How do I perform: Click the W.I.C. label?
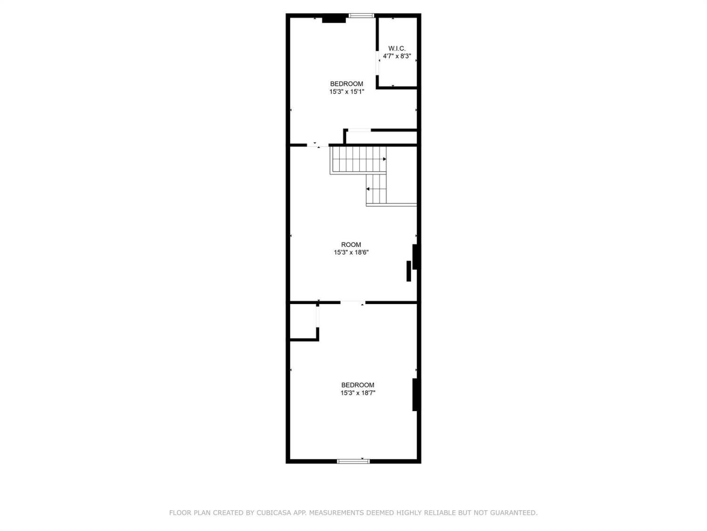pyautogui.click(x=397, y=48)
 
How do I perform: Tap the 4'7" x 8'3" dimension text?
pyautogui.click(x=397, y=56)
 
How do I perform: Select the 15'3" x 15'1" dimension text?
pyautogui.click(x=346, y=92)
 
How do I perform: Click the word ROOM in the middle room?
pyautogui.click(x=351, y=244)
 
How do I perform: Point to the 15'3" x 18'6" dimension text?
pyautogui.click(x=351, y=253)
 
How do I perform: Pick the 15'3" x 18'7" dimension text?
pyautogui.click(x=358, y=393)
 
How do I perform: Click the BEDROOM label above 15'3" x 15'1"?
pyautogui.click(x=346, y=84)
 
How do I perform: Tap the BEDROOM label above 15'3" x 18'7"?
pyautogui.click(x=358, y=385)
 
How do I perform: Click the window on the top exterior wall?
pyautogui.click(x=362, y=16)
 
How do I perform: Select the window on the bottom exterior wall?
pyautogui.click(x=353, y=461)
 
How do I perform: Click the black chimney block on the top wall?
pyautogui.click(x=334, y=19)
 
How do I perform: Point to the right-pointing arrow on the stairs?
pyautogui.click(x=385, y=159)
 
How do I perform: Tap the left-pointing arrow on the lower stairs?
pyautogui.click(x=368, y=189)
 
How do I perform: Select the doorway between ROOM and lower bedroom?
pyautogui.click(x=353, y=303)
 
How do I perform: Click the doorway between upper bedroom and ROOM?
pyautogui.click(x=318, y=145)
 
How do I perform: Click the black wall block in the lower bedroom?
pyautogui.click(x=415, y=395)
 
